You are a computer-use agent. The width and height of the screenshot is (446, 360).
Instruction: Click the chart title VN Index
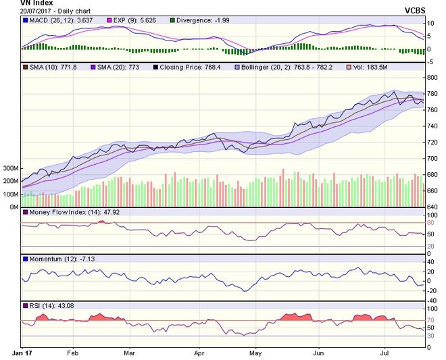pyautogui.click(x=36, y=3)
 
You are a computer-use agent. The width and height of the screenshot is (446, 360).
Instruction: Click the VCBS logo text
pyautogui.click(x=415, y=11)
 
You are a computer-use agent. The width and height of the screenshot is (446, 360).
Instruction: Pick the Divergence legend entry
pyautogui.click(x=199, y=20)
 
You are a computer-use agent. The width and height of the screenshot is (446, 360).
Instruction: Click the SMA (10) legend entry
pyautogui.click(x=50, y=68)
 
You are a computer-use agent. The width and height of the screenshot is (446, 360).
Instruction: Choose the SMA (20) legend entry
pyautogui.click(x=115, y=68)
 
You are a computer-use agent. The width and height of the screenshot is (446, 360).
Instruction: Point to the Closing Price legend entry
pyautogui.click(x=187, y=68)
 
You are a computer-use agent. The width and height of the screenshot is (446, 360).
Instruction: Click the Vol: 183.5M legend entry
pyautogui.click(x=367, y=68)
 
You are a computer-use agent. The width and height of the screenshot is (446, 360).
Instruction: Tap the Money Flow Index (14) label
pyautogui.click(x=71, y=212)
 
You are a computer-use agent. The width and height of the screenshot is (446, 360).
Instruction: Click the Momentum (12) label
pyautogui.click(x=59, y=259)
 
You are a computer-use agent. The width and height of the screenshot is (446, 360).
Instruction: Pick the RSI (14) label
pyautogui.click(x=49, y=306)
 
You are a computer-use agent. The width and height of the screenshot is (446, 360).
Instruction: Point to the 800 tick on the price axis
pyautogui.click(x=432, y=78)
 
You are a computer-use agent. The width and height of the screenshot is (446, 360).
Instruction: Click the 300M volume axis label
pyautogui.click(x=11, y=168)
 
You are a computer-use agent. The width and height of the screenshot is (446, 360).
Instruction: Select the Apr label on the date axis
pyautogui.click(x=199, y=353)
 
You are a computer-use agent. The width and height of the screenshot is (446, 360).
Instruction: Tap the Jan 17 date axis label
pyautogui.click(x=22, y=353)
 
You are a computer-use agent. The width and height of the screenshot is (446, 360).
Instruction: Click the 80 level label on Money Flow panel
pyautogui.click(x=430, y=223)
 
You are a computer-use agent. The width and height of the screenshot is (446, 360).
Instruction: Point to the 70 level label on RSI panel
pyautogui.click(x=430, y=320)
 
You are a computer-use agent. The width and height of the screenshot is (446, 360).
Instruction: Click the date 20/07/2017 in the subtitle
pyautogui.click(x=36, y=11)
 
